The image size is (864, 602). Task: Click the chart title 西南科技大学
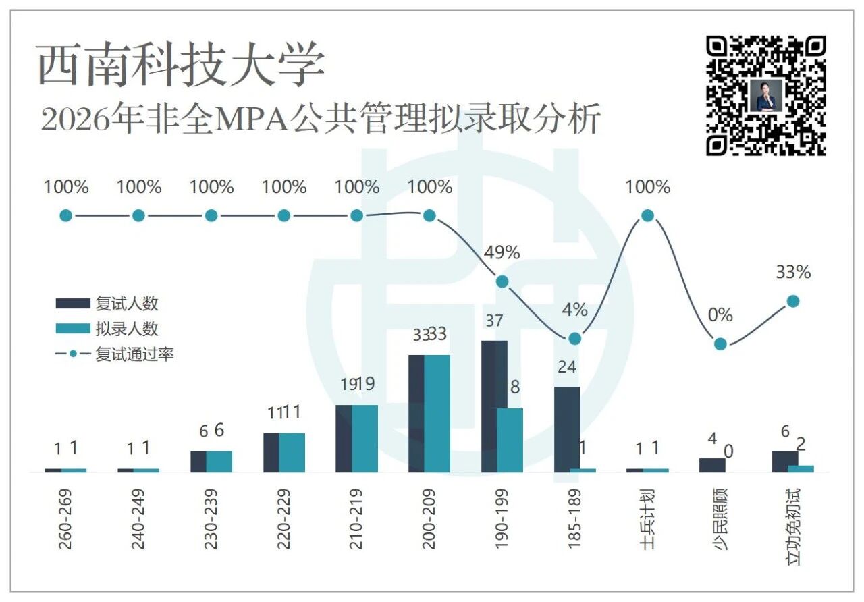pos(180,64)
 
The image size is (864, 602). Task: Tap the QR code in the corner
pos(765,96)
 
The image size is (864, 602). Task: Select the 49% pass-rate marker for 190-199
pos(502,282)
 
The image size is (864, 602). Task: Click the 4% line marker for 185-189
pos(574,339)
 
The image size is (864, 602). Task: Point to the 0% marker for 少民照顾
pos(720,344)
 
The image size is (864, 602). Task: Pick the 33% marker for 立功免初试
pos(793,301)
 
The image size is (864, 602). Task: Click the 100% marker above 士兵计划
pos(647,215)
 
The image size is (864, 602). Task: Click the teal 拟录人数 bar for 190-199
pos(510,441)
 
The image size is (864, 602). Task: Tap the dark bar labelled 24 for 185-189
pos(567,430)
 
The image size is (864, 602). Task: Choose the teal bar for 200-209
pos(437,414)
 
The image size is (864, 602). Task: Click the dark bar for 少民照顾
pos(712,466)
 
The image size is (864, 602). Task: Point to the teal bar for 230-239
pos(219,462)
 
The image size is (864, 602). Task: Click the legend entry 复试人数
pos(107,304)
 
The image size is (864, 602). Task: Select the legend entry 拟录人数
pos(107,329)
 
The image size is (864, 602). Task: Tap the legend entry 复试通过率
pos(115,354)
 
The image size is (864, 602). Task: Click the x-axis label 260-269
pos(65,519)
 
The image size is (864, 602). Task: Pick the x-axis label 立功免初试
pos(793,527)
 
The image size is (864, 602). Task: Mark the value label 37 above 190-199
pos(494,321)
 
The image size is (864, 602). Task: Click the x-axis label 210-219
pos(356,519)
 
